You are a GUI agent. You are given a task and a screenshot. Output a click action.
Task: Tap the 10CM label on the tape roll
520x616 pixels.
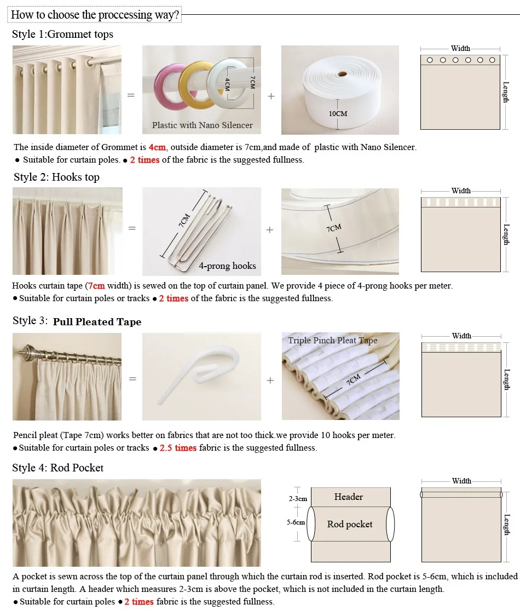pyautogui.click(x=338, y=114)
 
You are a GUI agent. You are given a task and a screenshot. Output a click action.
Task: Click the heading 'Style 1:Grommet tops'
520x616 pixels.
pyautogui.click(x=62, y=34)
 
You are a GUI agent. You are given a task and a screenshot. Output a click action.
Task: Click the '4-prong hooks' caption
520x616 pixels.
pyautogui.click(x=227, y=266)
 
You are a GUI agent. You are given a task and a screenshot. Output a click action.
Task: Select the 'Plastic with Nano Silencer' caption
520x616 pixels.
pyautogui.click(x=202, y=125)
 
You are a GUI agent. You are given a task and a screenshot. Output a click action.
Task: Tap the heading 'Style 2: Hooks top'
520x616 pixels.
pyautogui.click(x=56, y=177)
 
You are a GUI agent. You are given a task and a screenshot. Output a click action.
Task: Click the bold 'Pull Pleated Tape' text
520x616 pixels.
pyautogui.click(x=97, y=322)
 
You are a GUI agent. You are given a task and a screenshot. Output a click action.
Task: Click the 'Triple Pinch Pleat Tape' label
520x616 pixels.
pyautogui.click(x=332, y=341)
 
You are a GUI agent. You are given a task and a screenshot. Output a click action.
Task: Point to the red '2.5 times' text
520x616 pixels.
pyautogui.click(x=178, y=448)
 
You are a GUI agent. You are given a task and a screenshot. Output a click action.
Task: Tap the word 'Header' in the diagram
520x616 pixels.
pyautogui.click(x=348, y=497)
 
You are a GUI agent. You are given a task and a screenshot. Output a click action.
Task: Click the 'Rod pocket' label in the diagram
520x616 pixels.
pyautogui.click(x=349, y=525)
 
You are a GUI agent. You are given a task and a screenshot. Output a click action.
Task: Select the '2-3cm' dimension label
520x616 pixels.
pyautogui.click(x=298, y=499)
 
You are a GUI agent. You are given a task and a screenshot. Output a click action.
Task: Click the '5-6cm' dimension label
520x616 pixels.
pyautogui.click(x=296, y=523)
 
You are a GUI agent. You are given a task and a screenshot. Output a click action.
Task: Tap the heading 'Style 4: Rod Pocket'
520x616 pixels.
pyautogui.click(x=57, y=468)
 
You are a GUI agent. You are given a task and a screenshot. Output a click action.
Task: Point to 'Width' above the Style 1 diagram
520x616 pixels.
pyautogui.click(x=460, y=49)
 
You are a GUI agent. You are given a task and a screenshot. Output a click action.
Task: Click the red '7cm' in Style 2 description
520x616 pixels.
pyautogui.click(x=96, y=286)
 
